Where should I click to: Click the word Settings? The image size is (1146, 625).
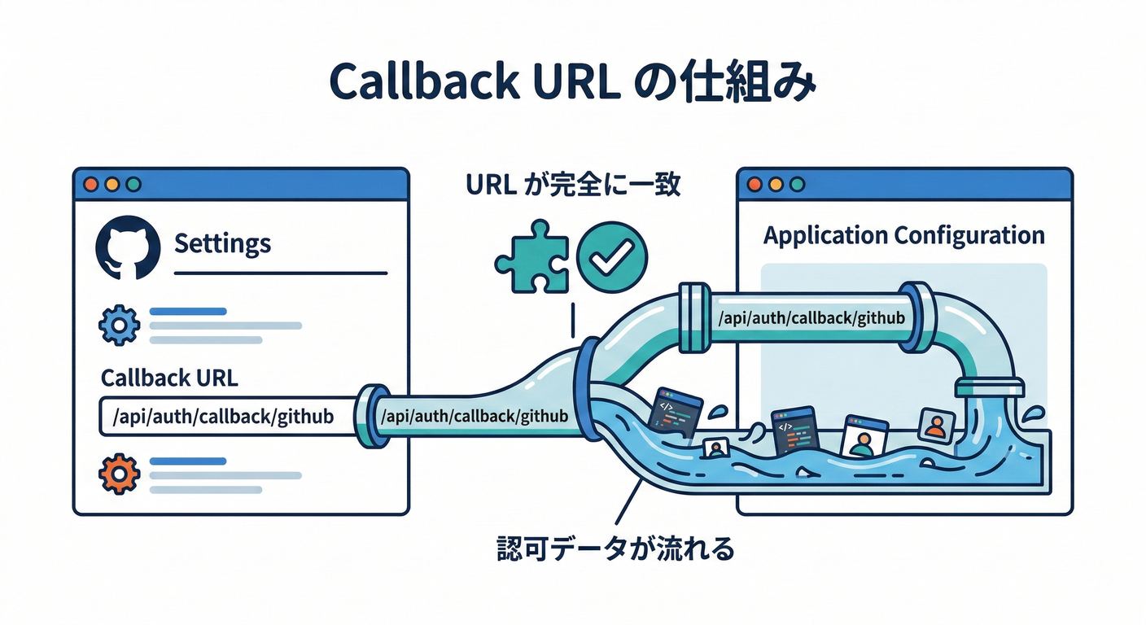pos(222,243)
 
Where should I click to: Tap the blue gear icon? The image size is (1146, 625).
pos(119,326)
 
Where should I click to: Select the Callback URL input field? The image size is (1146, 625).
pos(227,417)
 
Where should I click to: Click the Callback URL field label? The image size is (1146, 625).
pos(168,378)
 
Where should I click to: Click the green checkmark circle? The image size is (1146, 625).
pos(611,258)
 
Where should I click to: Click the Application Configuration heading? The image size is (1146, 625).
pos(903,236)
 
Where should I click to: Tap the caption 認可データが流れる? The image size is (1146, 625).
pos(615,549)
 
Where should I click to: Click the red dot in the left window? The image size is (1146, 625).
pos(90,184)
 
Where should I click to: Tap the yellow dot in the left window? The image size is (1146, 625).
pos(112,184)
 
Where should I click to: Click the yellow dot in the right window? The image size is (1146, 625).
pos(775,184)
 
